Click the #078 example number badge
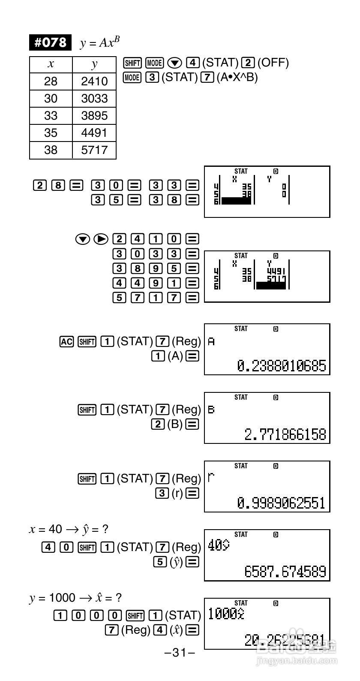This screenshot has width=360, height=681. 50,42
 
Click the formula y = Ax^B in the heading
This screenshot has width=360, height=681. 99,42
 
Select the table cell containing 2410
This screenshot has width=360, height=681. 94,81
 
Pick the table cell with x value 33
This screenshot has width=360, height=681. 51,116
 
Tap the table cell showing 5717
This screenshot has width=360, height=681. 94,150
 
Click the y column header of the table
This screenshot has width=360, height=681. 94,64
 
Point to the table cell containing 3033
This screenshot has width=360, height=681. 94,99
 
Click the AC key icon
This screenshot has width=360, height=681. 66,341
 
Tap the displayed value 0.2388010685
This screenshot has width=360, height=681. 282,366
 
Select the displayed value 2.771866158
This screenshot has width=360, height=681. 285,434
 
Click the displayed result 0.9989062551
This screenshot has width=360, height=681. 282,503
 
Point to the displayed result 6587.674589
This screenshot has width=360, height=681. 285,572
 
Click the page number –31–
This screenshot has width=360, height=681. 180,653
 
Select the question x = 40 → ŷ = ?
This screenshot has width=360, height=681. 69,529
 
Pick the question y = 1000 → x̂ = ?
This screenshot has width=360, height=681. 75,597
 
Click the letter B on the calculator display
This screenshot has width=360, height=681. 211,410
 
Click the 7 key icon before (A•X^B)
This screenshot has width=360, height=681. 207,77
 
